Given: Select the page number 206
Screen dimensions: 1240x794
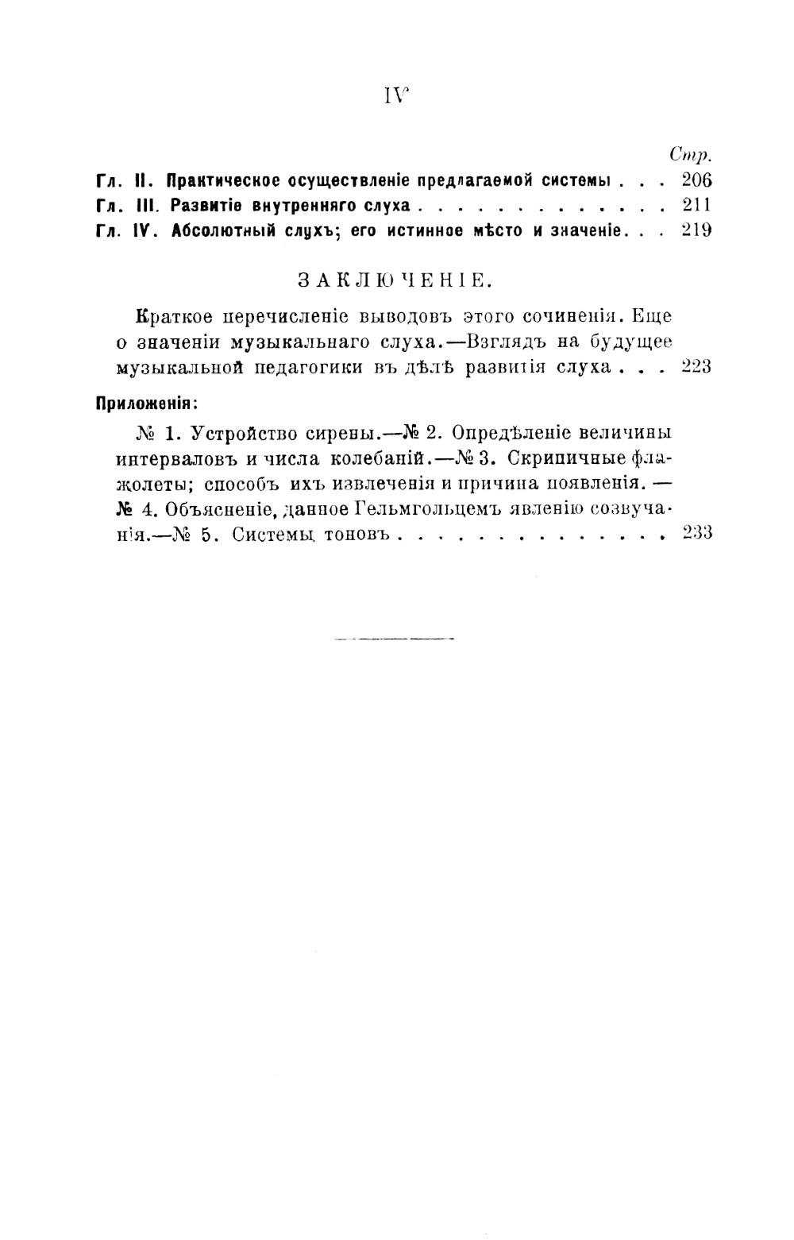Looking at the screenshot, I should [x=696, y=180].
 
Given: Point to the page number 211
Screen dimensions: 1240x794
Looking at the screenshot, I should [x=696, y=205].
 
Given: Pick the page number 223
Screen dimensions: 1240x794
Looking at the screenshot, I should [x=696, y=366].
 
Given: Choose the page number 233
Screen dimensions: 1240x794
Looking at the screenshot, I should [x=696, y=533].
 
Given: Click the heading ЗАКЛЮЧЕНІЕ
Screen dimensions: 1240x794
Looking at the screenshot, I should [x=394, y=280].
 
